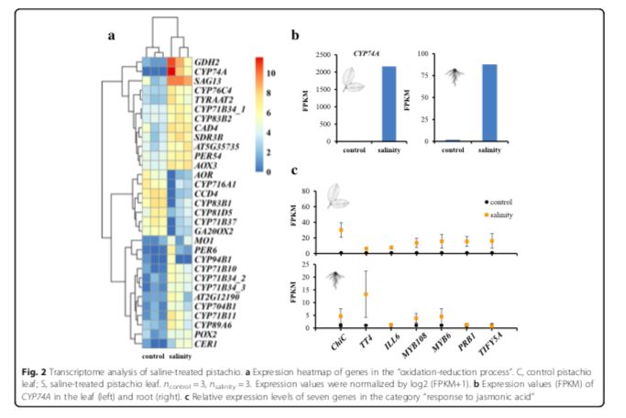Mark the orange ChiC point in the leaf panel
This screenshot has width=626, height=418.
[367, 230]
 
